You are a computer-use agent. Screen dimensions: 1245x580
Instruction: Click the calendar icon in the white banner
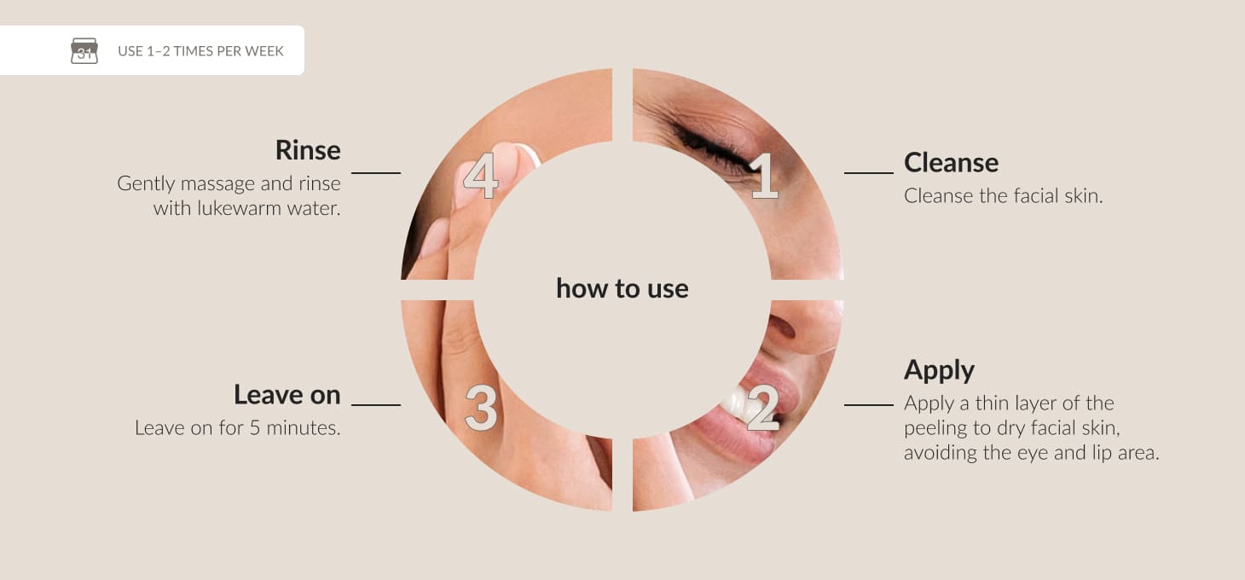click(84, 50)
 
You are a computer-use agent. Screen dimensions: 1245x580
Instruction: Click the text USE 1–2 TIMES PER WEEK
click(200, 51)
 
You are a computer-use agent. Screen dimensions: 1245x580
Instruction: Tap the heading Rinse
click(308, 150)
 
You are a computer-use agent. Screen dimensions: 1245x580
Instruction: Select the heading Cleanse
click(951, 162)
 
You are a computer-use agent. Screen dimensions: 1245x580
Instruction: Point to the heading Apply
click(940, 371)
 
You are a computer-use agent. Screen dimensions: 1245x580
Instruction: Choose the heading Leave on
click(287, 395)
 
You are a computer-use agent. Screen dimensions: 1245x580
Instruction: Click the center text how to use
click(622, 288)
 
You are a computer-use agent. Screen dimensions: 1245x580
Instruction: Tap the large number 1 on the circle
click(765, 176)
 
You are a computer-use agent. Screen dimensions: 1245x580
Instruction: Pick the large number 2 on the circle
click(763, 408)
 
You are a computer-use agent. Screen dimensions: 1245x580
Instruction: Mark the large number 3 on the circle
click(481, 408)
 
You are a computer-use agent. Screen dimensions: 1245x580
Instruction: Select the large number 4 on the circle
click(481, 176)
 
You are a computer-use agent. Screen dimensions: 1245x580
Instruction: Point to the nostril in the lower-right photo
click(781, 327)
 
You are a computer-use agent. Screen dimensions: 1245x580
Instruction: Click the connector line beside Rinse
click(376, 173)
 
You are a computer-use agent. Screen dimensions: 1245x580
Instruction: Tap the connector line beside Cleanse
click(869, 173)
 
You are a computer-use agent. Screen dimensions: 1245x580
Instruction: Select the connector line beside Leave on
click(376, 405)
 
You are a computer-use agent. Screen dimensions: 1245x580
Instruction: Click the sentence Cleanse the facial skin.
click(1003, 195)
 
